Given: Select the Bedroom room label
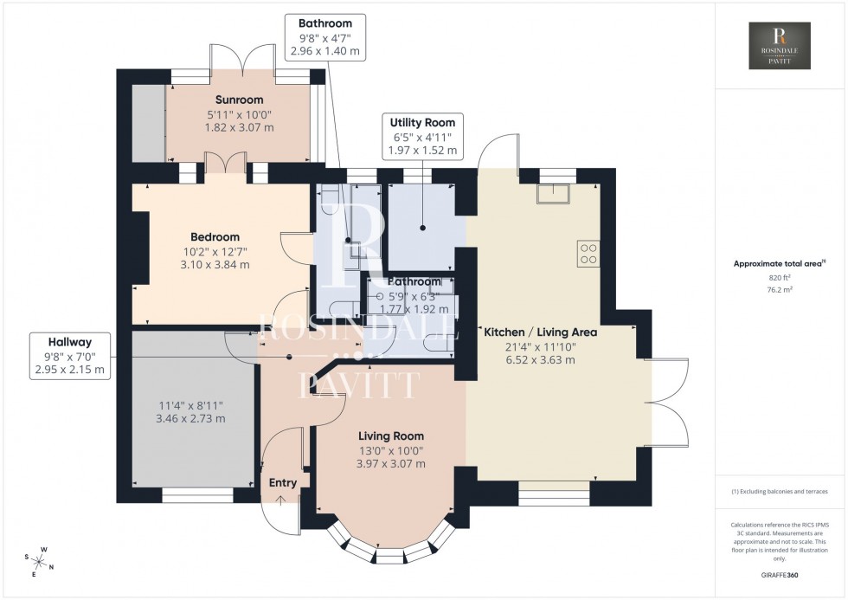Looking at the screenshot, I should click(215, 236).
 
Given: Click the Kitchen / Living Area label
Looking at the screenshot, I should click(540, 332).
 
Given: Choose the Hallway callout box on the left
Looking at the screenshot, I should click(69, 355).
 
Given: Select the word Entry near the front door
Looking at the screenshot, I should click(283, 483).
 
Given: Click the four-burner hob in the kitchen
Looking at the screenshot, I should click(588, 253).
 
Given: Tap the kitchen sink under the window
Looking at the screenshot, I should click(552, 193).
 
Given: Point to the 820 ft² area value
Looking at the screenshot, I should click(780, 278).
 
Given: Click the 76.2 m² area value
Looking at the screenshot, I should click(780, 291).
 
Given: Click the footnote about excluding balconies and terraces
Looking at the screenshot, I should click(780, 491).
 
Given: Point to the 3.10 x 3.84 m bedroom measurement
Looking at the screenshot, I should click(215, 265).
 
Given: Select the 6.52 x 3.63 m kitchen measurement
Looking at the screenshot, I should click(540, 360).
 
